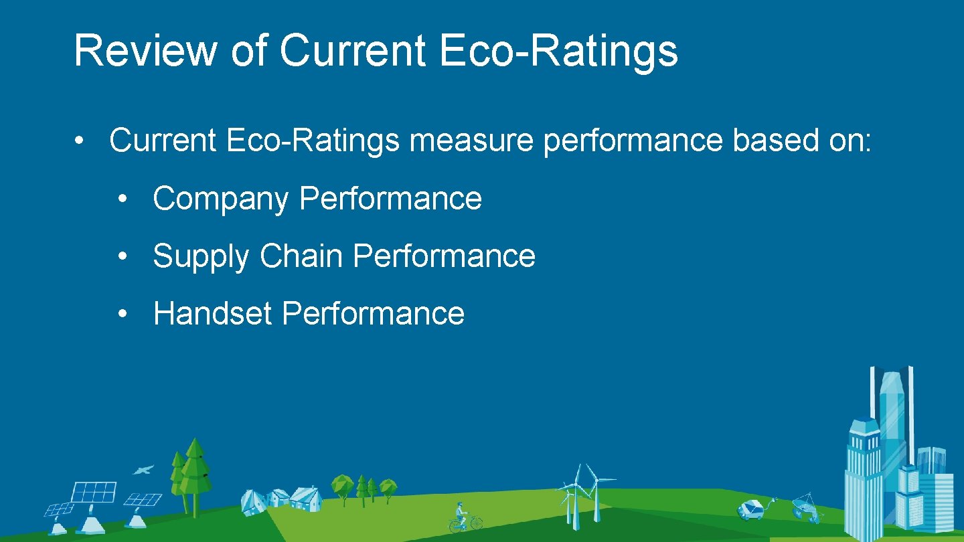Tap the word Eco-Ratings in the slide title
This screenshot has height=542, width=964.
coord(559,51)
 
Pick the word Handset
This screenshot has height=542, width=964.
coord(212,314)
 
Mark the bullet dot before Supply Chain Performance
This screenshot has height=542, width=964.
coord(122,257)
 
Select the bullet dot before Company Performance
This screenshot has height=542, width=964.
coord(122,199)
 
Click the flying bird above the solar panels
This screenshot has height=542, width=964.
coord(143,470)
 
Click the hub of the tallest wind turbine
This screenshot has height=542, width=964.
coord(591,480)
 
